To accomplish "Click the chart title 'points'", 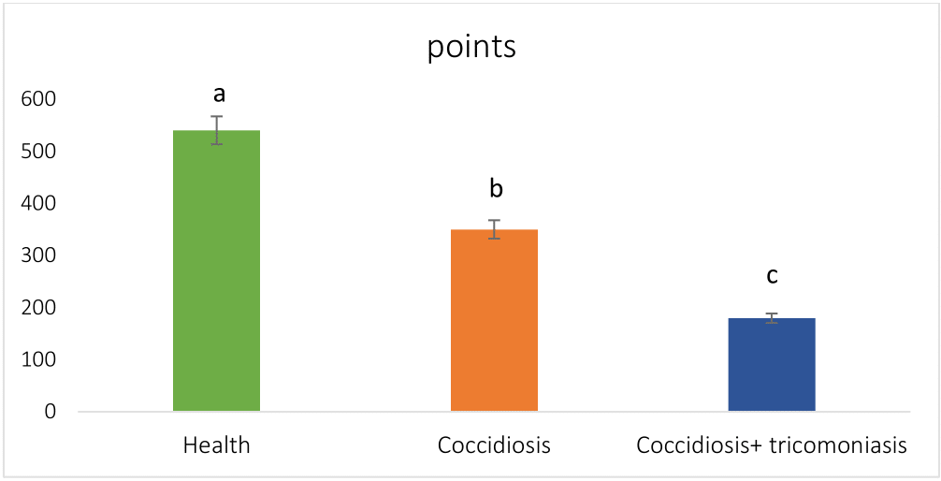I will [x=471, y=48].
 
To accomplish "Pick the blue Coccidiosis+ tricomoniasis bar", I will [x=772, y=364].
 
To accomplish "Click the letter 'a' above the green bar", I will [x=220, y=94].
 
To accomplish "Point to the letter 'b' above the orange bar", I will [x=496, y=189].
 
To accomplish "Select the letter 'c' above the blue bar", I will [x=773, y=276].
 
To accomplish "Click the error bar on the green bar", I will [x=216, y=130].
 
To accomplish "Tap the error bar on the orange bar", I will [x=494, y=229].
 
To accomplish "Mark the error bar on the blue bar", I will [x=772, y=318].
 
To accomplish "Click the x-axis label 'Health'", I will [x=216, y=445].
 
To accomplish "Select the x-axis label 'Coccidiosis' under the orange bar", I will [x=494, y=445].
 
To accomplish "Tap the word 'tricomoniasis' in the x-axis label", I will [x=843, y=445].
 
